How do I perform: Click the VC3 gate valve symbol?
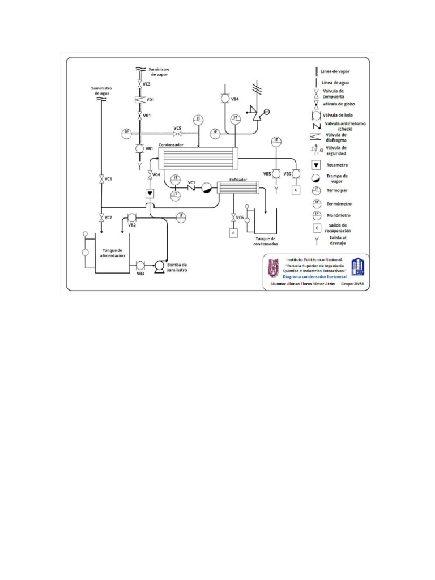point(139,84)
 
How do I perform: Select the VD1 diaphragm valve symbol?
point(139,100)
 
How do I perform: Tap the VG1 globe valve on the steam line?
point(139,115)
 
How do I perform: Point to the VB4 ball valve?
point(224,99)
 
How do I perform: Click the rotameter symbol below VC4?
point(150,194)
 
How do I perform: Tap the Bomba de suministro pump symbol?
point(160,265)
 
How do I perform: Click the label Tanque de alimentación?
point(112,253)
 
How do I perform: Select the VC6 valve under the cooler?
point(233,218)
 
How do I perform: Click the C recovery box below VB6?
point(296,190)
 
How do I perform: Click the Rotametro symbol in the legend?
point(316,165)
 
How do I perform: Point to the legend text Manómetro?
point(340,215)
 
